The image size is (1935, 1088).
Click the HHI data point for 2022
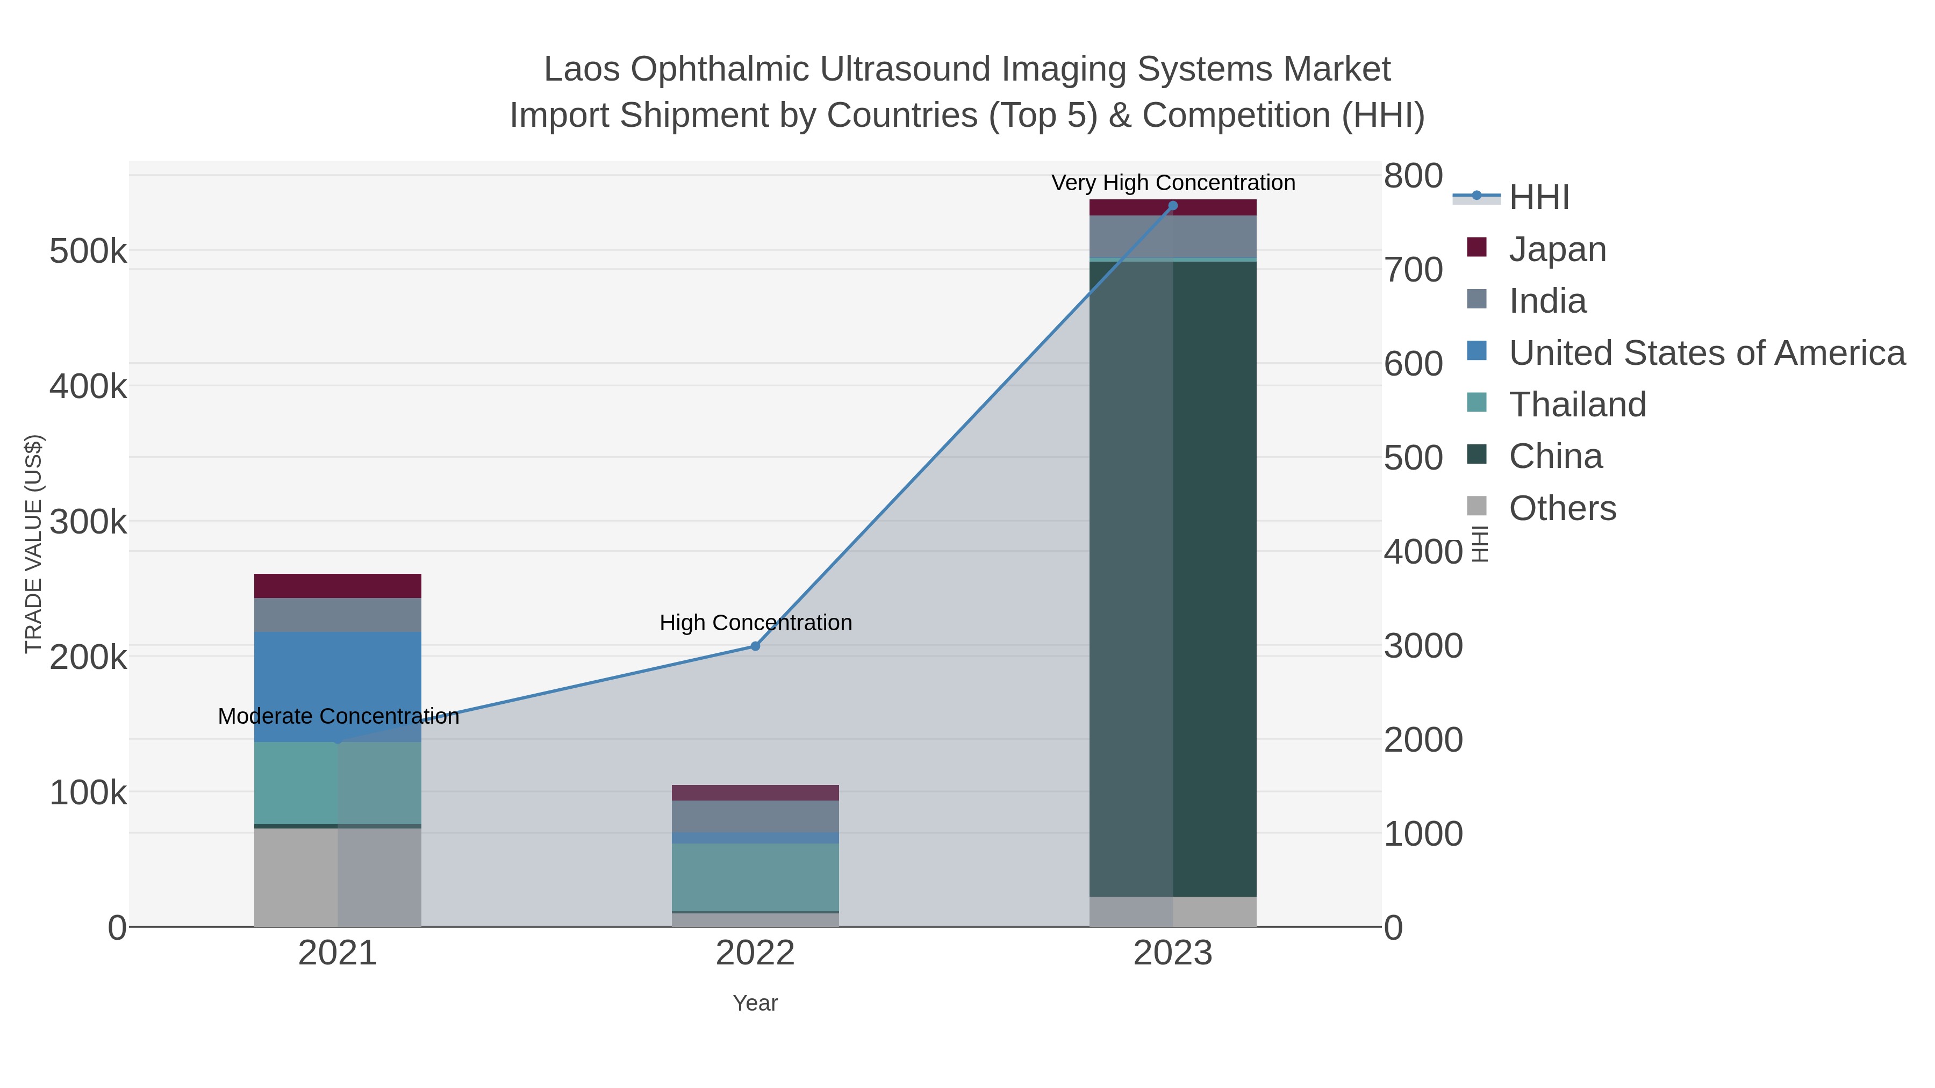tap(755, 646)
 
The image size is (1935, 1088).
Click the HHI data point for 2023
tap(1173, 206)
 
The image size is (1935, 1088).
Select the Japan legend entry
tap(1557, 249)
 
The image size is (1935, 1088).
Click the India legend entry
tap(1547, 300)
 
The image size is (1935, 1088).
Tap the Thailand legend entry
tap(1578, 404)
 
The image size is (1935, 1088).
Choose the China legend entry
tap(1556, 456)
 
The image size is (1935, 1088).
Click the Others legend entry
tap(1563, 508)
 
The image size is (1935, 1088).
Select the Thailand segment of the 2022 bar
tap(755, 876)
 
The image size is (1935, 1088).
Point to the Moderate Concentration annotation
tap(338, 716)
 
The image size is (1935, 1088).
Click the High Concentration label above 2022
tap(756, 623)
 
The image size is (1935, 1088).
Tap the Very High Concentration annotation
tap(1173, 183)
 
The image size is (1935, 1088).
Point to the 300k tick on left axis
tap(88, 522)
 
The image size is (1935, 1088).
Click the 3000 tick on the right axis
tap(1423, 646)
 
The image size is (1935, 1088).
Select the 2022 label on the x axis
tap(755, 953)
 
